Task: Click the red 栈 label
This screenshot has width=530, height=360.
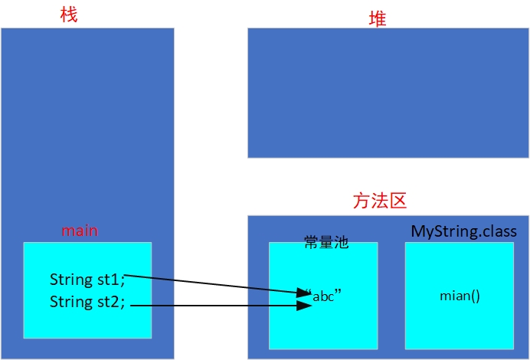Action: pos(69,15)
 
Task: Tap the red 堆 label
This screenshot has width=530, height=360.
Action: pos(378,18)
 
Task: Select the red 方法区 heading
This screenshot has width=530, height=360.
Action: pos(380,201)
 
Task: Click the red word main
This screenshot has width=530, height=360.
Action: pos(80,231)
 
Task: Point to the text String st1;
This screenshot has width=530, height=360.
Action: pos(87,280)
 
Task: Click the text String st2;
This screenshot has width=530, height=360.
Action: pos(87,302)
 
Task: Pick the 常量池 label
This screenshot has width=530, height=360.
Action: pos(326,242)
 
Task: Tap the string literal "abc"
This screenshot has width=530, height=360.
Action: pos(323,296)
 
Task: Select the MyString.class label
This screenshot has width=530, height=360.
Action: pos(464,231)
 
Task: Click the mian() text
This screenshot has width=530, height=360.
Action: pos(460,296)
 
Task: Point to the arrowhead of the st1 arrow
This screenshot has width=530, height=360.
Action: pos(304,293)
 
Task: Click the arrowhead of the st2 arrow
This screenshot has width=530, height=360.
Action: pos(304,306)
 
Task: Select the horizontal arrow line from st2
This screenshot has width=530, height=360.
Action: pos(221,306)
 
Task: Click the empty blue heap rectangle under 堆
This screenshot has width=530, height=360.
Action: pos(388,93)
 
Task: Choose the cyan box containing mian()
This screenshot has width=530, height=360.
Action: pos(460,296)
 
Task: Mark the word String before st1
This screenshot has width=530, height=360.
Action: pos(70,280)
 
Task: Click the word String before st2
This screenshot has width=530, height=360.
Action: pos(70,302)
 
